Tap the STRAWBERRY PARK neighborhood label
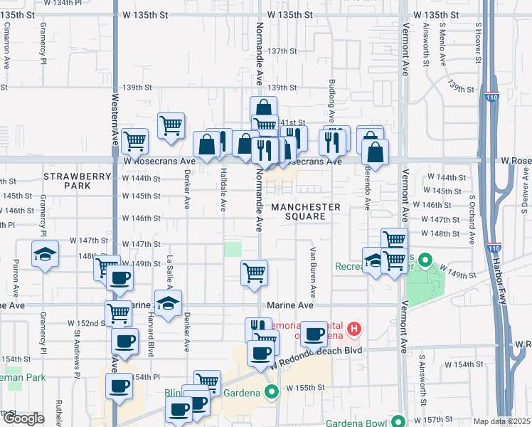point(78,181)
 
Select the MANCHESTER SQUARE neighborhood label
point(305,211)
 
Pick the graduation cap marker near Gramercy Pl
point(45,255)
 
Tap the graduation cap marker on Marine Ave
point(168,303)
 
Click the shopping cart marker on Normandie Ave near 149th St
point(254,273)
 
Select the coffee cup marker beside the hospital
point(314,334)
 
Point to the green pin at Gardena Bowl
point(398,421)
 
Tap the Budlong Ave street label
point(331,102)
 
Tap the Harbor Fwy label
point(517,254)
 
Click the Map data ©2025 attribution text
point(501,421)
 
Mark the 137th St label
point(282,51)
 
